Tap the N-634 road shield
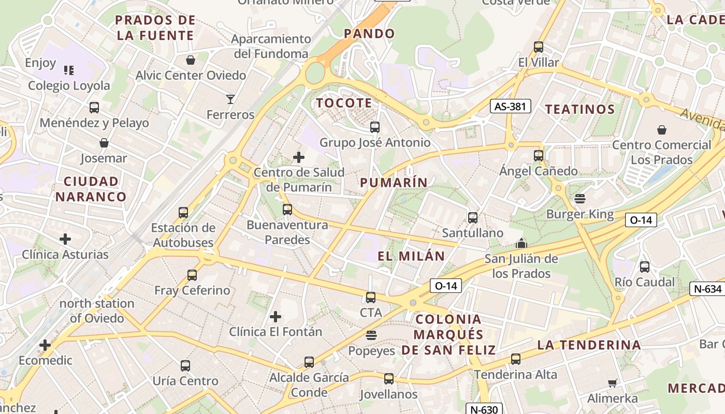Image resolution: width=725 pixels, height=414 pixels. tap(706, 289)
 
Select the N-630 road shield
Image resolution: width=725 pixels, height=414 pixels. tap(484, 409)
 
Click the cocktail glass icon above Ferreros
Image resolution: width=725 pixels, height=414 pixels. tap(230, 99)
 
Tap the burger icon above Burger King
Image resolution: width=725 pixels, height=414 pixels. tap(579, 198)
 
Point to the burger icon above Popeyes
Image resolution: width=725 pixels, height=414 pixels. tap(371, 335)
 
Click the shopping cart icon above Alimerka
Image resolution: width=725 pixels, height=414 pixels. tap(613, 383)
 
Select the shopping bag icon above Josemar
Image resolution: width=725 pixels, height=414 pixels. tap(104, 143)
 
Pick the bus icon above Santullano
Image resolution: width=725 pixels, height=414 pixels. tap(473, 218)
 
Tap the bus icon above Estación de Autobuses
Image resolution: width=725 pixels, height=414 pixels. tap(183, 213)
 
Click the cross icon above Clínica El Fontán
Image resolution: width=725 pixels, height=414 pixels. tap(275, 316)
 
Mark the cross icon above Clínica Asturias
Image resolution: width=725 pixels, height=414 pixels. tap(65, 239)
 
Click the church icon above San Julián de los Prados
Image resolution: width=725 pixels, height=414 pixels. tap(521, 243)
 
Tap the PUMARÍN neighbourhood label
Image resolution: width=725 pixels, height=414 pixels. tap(394, 182)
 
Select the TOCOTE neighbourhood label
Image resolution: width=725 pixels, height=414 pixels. tap(344, 103)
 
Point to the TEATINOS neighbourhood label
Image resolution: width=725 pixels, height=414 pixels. tap(580, 109)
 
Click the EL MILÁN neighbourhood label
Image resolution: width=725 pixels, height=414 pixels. tap(411, 256)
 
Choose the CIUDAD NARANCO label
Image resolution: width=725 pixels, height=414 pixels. tap(91, 189)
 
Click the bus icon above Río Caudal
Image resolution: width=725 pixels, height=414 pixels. tap(645, 267)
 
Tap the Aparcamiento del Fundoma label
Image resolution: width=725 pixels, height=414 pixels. tap(271, 46)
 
